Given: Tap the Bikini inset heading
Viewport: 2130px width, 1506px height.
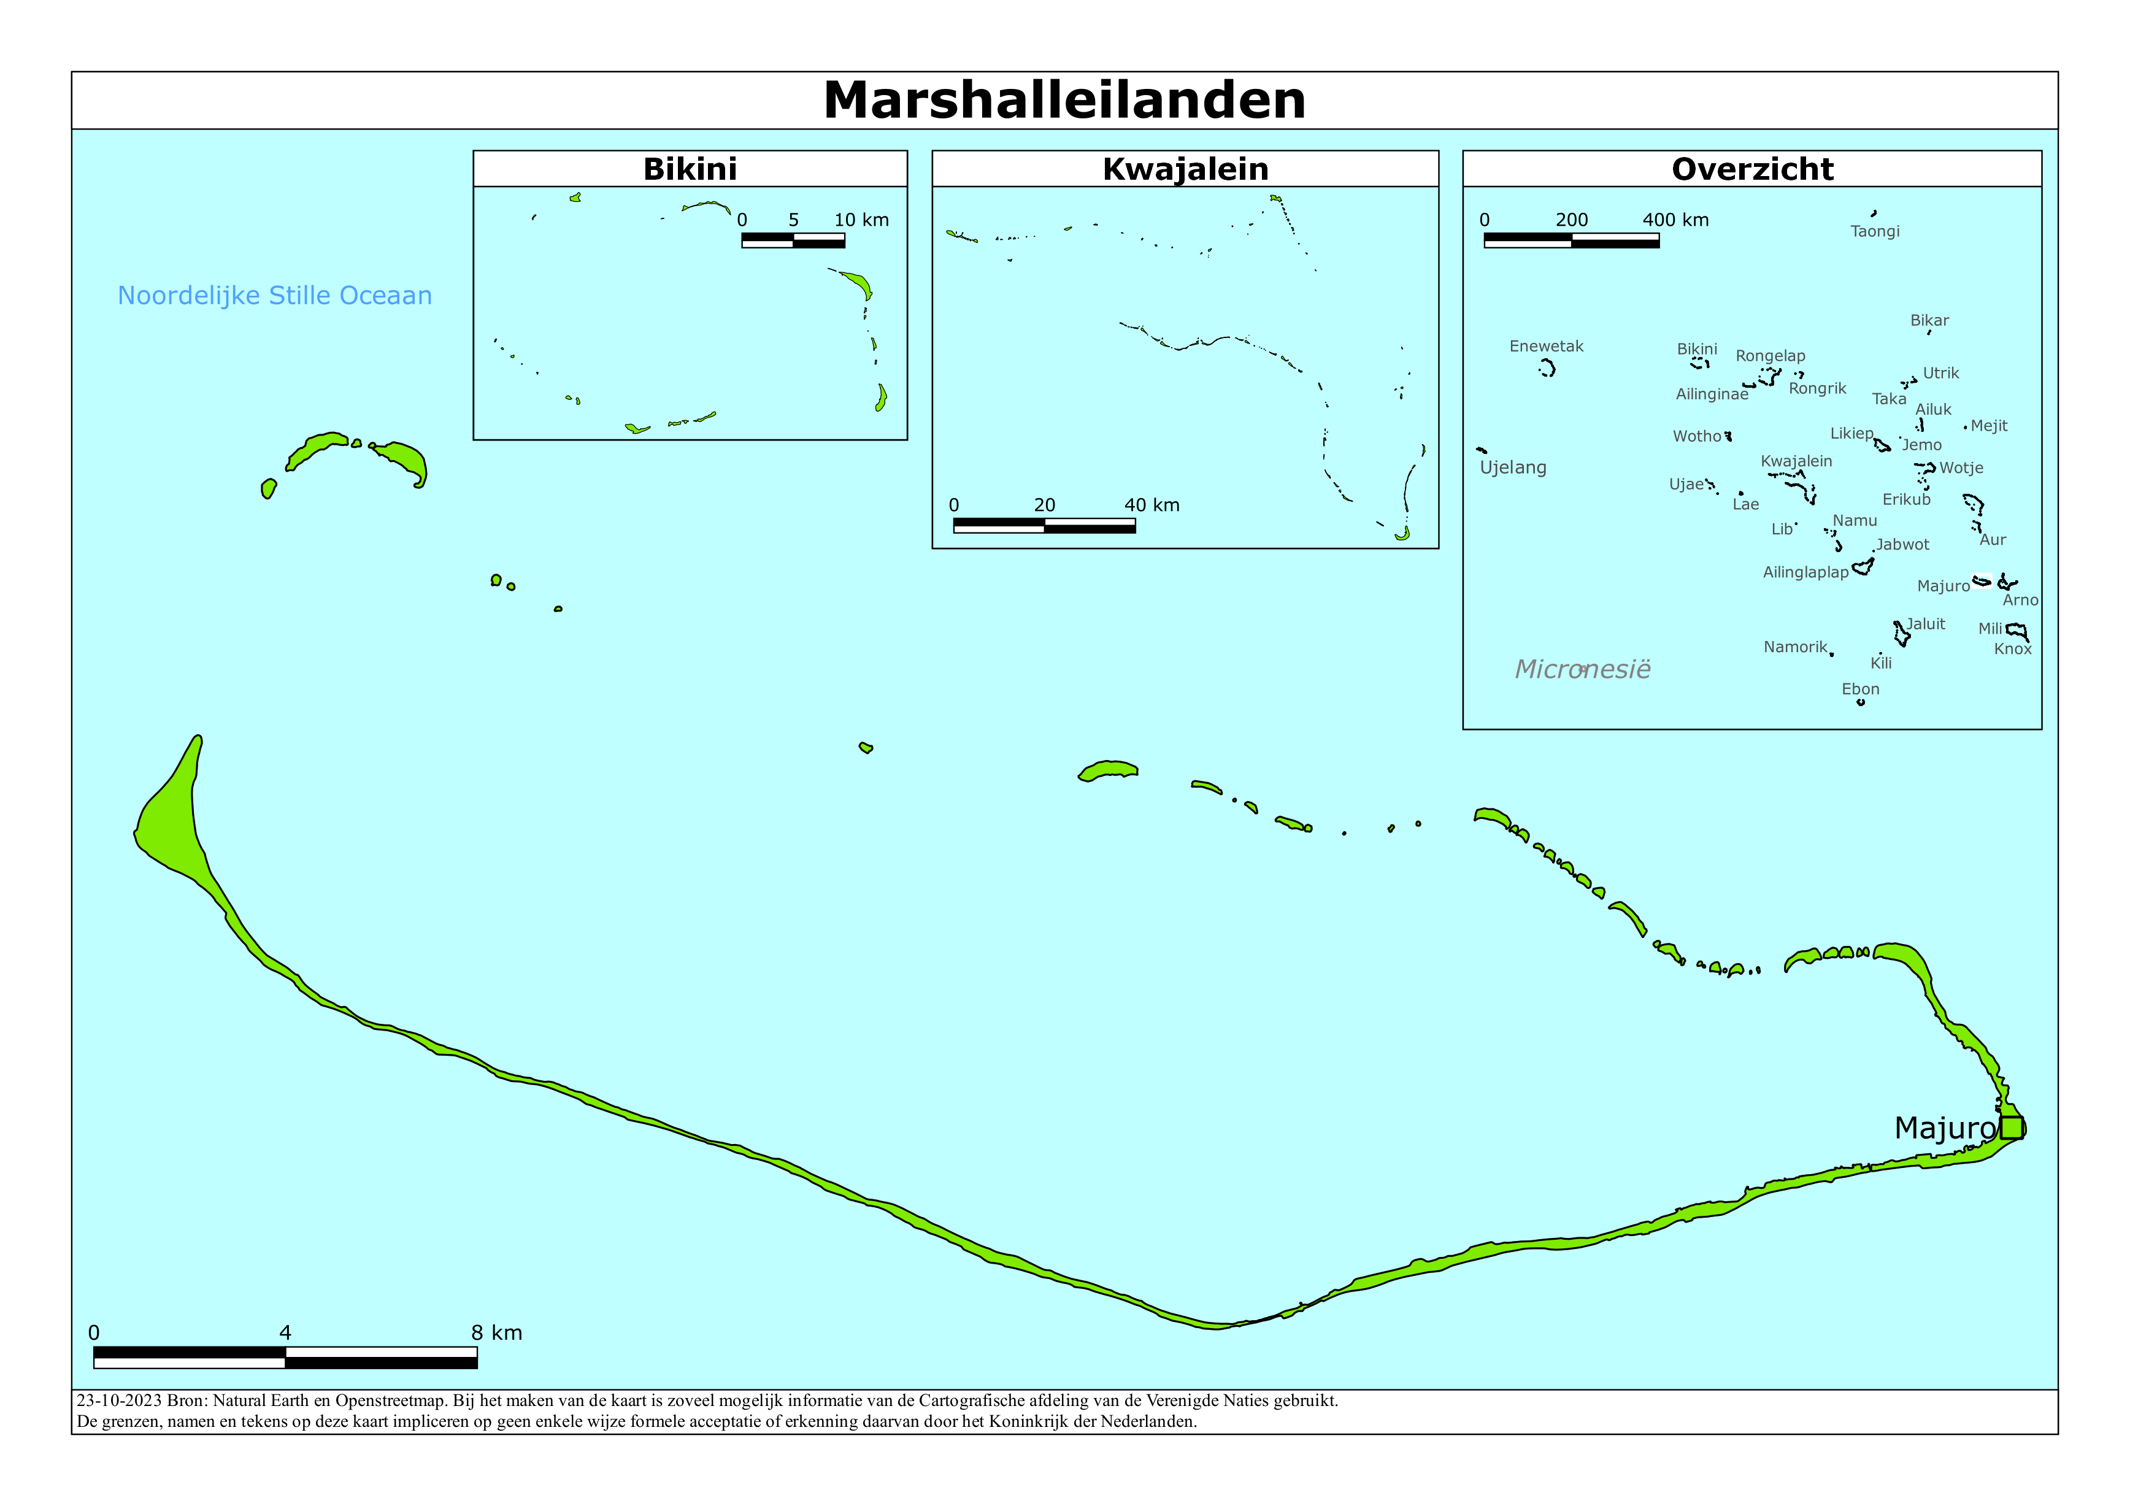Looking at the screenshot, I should coord(690,169).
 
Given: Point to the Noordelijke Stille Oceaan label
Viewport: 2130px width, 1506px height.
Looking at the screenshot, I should coord(275,295).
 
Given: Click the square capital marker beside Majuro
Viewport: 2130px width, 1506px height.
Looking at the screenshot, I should coord(2011,1128).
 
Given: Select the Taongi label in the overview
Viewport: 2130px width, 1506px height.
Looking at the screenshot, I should coord(1875,231).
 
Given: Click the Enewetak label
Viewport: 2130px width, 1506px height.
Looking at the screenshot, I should coord(1547,346).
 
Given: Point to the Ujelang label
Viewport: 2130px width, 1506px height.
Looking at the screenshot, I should coord(1513,467).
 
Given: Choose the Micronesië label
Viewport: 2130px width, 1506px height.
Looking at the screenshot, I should coord(1583,669).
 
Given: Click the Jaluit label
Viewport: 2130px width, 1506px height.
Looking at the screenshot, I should coord(1926,623).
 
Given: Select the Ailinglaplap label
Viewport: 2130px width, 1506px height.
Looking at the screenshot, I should coord(1805,572).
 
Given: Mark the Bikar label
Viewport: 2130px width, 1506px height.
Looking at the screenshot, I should coord(1929,320).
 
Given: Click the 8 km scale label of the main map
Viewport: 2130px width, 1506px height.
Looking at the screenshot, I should coord(496,1332).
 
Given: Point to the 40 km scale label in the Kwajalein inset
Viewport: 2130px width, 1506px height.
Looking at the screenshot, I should coord(1152,505).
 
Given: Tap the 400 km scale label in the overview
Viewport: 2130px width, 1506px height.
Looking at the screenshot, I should coord(1675,220).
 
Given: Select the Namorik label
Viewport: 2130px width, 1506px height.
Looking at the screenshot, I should coord(1795,647).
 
